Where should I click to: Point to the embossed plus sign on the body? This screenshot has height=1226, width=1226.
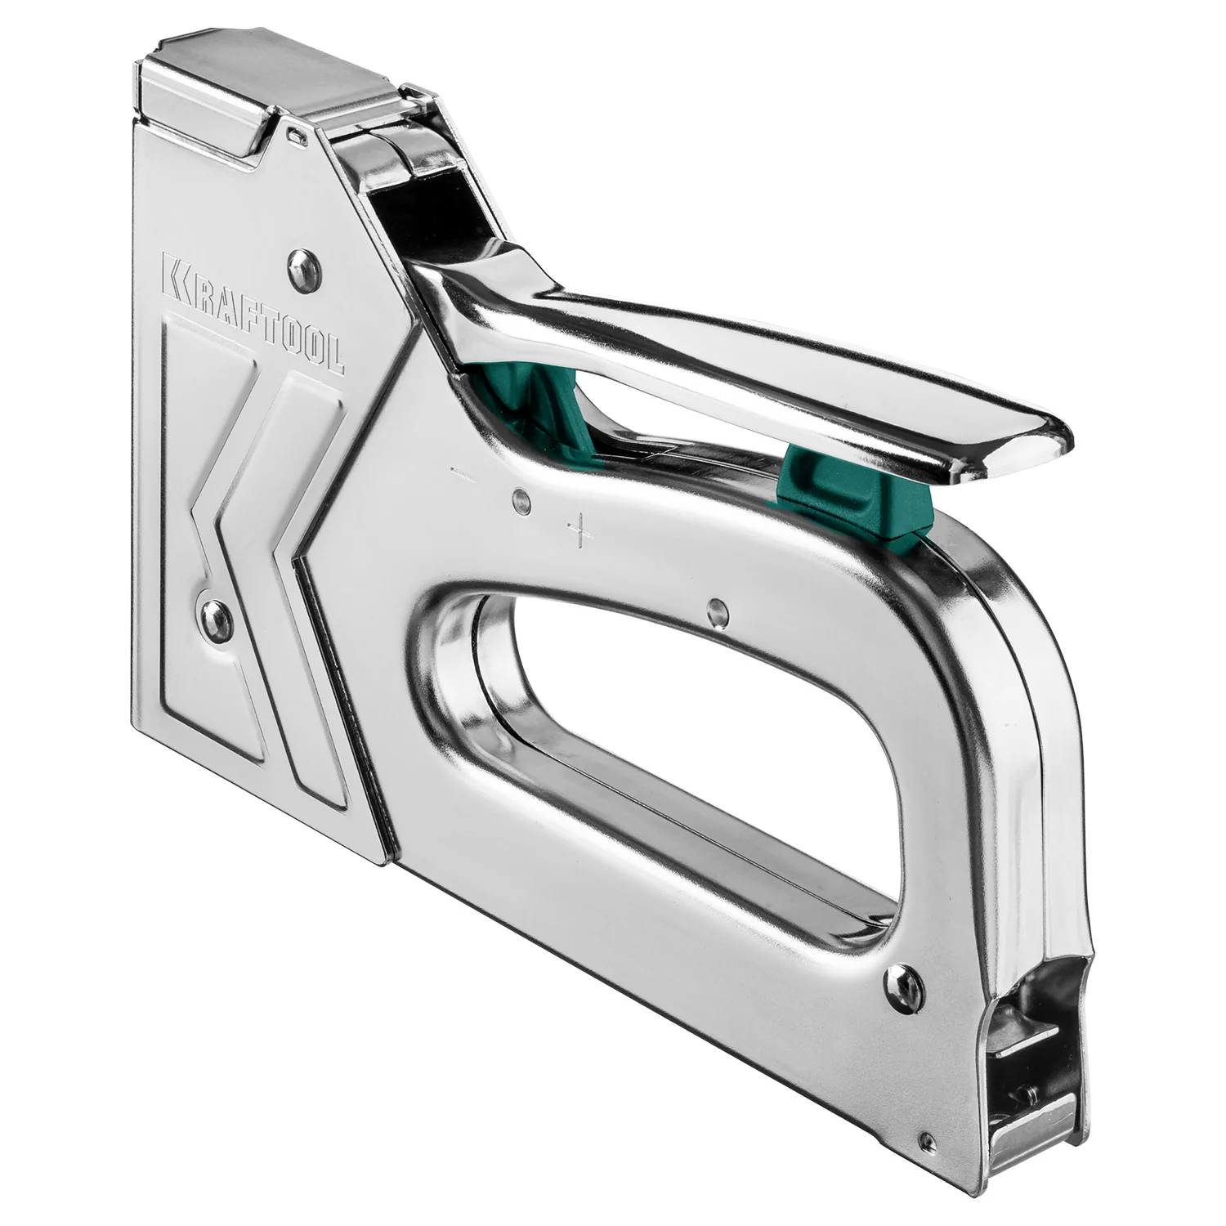[x=579, y=528]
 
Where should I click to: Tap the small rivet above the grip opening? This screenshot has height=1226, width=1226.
[x=717, y=608]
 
